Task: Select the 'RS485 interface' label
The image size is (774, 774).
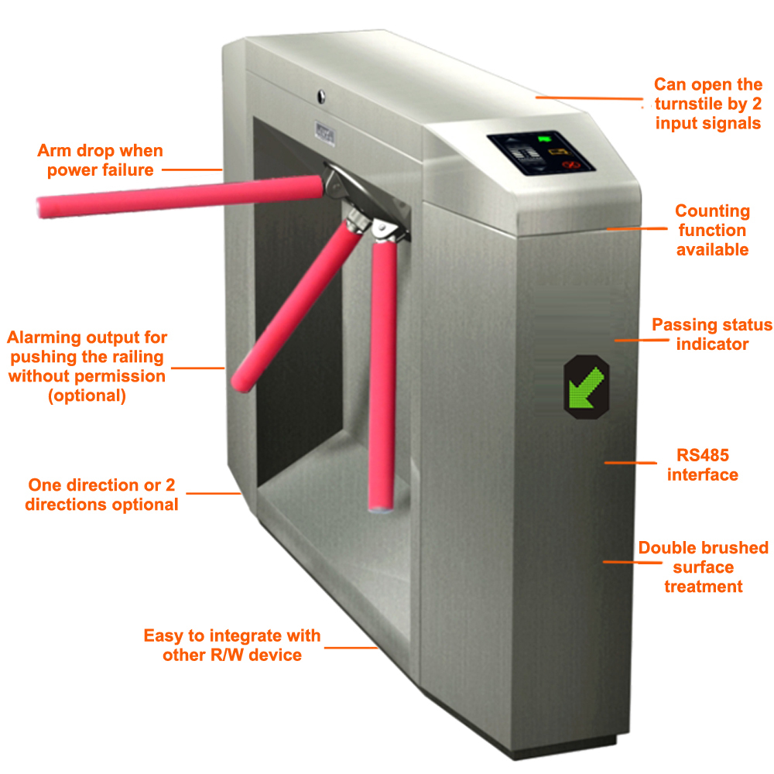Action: [702, 464]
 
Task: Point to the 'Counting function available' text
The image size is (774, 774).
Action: [712, 230]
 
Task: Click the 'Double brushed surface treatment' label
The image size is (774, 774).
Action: [703, 567]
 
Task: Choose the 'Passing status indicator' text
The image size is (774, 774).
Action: [712, 334]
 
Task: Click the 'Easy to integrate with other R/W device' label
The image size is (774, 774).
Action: [231, 645]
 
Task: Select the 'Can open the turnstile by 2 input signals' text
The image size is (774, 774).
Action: [707, 104]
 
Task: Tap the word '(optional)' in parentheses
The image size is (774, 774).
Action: [87, 396]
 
